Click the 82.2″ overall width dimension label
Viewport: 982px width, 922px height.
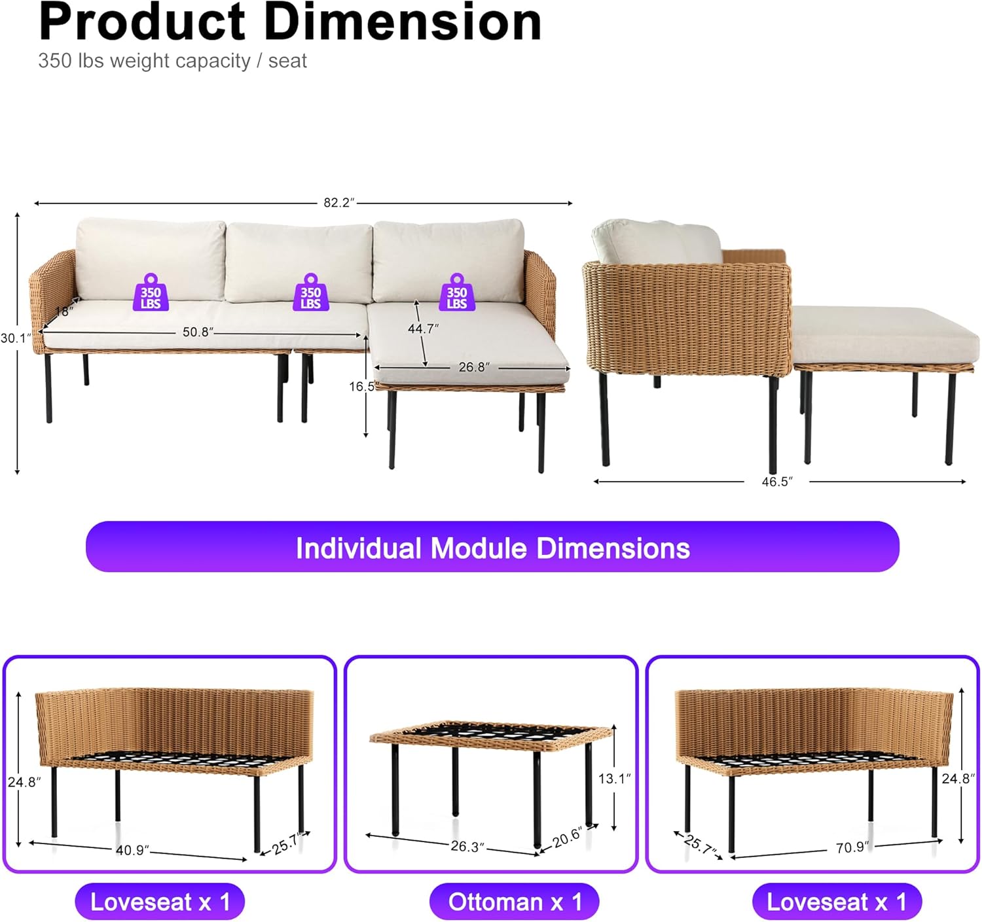[x=339, y=203]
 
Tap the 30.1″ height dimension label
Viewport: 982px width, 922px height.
[x=15, y=338]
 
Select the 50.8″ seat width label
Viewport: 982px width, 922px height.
[x=198, y=332]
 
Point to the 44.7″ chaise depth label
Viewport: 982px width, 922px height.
[x=424, y=328]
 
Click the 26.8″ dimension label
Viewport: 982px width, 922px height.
[x=474, y=367]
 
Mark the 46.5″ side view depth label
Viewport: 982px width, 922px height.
[x=777, y=482]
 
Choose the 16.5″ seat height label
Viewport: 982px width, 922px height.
[x=363, y=387]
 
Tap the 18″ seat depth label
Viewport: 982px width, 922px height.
[x=64, y=311]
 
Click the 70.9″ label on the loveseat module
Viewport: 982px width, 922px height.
[x=852, y=847]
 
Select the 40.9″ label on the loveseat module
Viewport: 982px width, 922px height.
[x=132, y=850]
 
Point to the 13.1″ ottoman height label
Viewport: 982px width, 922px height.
[x=615, y=779]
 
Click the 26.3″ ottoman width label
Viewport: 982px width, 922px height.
[x=467, y=846]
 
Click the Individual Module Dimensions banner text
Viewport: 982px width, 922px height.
[x=492, y=548]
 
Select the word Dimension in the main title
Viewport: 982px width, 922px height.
[x=403, y=22]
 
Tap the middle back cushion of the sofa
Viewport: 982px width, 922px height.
[x=299, y=262]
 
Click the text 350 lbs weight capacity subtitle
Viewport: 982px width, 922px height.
[x=172, y=61]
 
